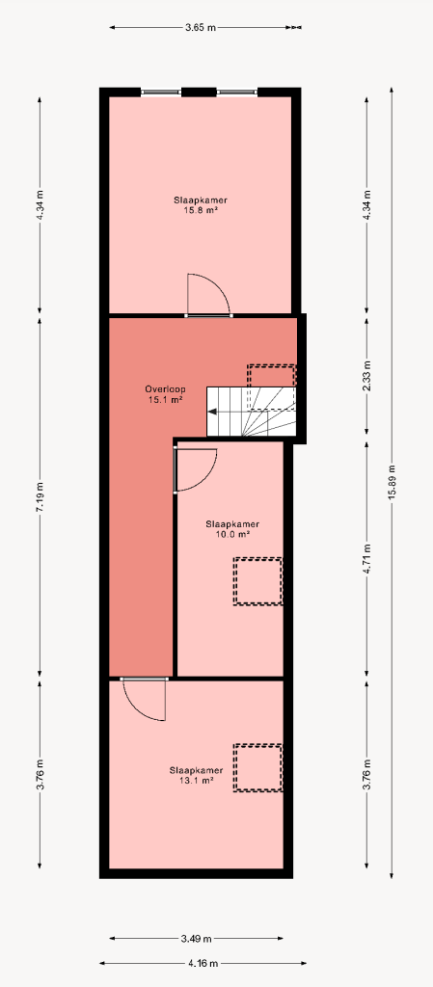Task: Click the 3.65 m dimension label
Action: (x=201, y=28)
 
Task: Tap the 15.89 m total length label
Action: (x=392, y=483)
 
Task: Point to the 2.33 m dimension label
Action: (x=366, y=376)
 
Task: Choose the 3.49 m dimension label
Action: (x=197, y=939)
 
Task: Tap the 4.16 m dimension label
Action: (x=203, y=963)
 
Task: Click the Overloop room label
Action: (x=165, y=389)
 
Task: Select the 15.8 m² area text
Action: (x=201, y=210)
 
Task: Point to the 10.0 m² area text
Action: (x=232, y=534)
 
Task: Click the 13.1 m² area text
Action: (x=196, y=780)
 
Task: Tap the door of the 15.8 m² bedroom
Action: (x=208, y=295)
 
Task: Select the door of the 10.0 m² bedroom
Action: (x=195, y=469)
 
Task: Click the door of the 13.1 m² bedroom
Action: (x=144, y=699)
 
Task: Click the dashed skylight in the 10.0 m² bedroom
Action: (x=258, y=581)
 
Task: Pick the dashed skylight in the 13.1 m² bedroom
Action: (x=258, y=768)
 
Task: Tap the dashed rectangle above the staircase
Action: (x=271, y=375)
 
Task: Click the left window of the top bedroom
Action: (x=160, y=93)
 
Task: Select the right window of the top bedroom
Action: (x=237, y=93)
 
